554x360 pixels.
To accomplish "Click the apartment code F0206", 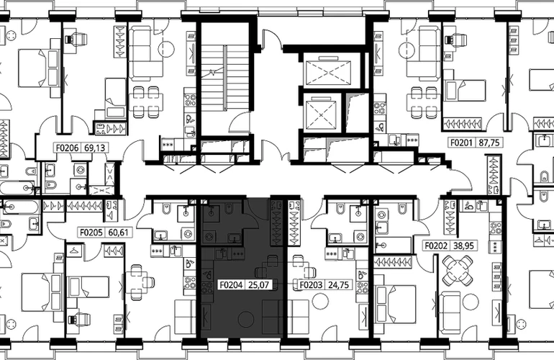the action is [x=68, y=148].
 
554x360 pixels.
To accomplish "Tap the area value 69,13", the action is [x=95, y=148].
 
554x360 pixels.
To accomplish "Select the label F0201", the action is [x=461, y=143].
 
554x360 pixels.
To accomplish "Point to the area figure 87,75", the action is [x=489, y=143].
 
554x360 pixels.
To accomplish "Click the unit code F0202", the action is [x=436, y=246].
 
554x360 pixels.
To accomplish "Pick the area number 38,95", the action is [x=464, y=246].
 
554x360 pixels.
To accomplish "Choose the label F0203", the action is [x=312, y=284].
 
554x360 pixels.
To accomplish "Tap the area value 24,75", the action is [x=339, y=284].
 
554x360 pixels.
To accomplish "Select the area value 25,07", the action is [x=259, y=284].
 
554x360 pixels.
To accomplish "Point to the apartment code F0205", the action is [x=91, y=233].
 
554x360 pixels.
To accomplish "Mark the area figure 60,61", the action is [x=119, y=233].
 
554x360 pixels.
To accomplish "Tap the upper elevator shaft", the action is [x=329, y=73].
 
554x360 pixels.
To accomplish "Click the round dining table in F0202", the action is [x=458, y=271].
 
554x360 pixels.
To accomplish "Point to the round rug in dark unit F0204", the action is [x=246, y=320].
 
